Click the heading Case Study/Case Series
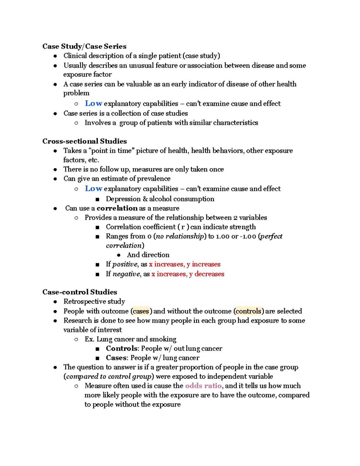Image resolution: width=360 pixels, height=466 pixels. [x=84, y=46]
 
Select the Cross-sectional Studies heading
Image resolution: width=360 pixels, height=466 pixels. [x=85, y=141]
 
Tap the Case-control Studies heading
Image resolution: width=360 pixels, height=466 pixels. [x=80, y=292]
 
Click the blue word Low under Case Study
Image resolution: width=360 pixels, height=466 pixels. [x=94, y=104]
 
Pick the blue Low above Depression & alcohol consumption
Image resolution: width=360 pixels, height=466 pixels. [x=94, y=189]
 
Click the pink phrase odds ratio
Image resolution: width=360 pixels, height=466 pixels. [x=203, y=386]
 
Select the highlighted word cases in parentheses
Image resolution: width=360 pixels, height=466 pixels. [x=141, y=311]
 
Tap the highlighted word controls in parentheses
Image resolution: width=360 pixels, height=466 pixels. [x=248, y=311]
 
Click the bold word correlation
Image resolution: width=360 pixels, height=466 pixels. [x=117, y=208]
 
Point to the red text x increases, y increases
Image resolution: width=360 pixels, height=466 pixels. [x=185, y=264]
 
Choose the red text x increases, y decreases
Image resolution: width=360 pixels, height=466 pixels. [x=188, y=274]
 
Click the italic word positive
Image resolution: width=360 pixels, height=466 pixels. [x=125, y=264]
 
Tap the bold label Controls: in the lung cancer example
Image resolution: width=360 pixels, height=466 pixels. [x=122, y=348]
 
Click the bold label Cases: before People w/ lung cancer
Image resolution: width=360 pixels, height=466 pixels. [x=117, y=358]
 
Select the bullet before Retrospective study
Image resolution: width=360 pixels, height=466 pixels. [x=55, y=302]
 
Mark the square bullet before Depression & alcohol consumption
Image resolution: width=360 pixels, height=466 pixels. [x=97, y=199]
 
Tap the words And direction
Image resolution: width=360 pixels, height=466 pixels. [x=148, y=255]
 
